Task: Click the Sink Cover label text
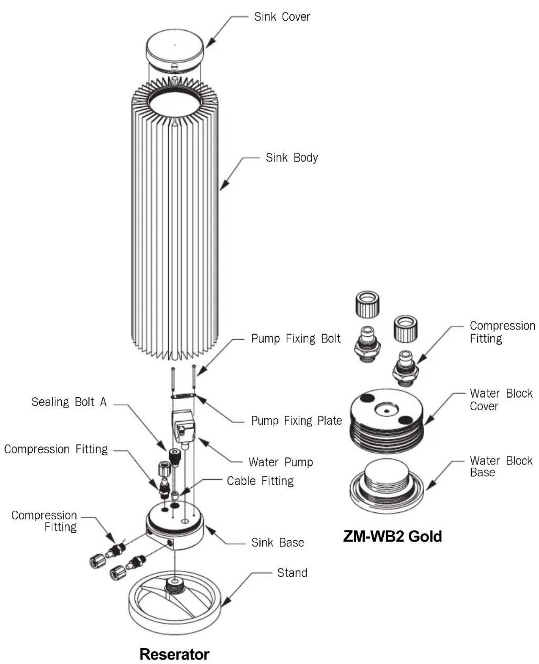(x=282, y=17)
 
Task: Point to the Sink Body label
(x=292, y=158)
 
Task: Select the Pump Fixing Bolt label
(x=296, y=339)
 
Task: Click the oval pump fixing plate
(x=183, y=396)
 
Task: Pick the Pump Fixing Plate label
(x=296, y=420)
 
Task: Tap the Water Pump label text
(x=281, y=462)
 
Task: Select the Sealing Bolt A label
(x=69, y=402)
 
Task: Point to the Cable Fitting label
(x=260, y=481)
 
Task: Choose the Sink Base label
(x=278, y=543)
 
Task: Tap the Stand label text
(x=292, y=573)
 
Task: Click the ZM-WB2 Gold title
(x=392, y=536)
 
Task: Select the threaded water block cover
(x=387, y=421)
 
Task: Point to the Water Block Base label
(x=501, y=466)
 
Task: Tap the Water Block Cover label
(x=501, y=400)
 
